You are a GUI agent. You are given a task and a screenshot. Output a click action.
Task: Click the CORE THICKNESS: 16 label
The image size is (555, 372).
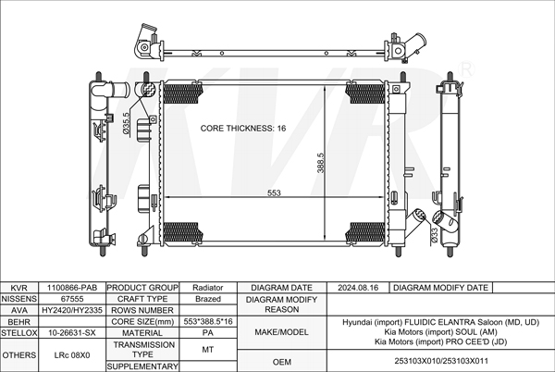pos(243,128)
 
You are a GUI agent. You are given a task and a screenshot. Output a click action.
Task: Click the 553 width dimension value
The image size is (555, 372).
pos(275,193)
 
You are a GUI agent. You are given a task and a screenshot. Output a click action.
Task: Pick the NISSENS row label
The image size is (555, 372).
pos(18,299)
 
